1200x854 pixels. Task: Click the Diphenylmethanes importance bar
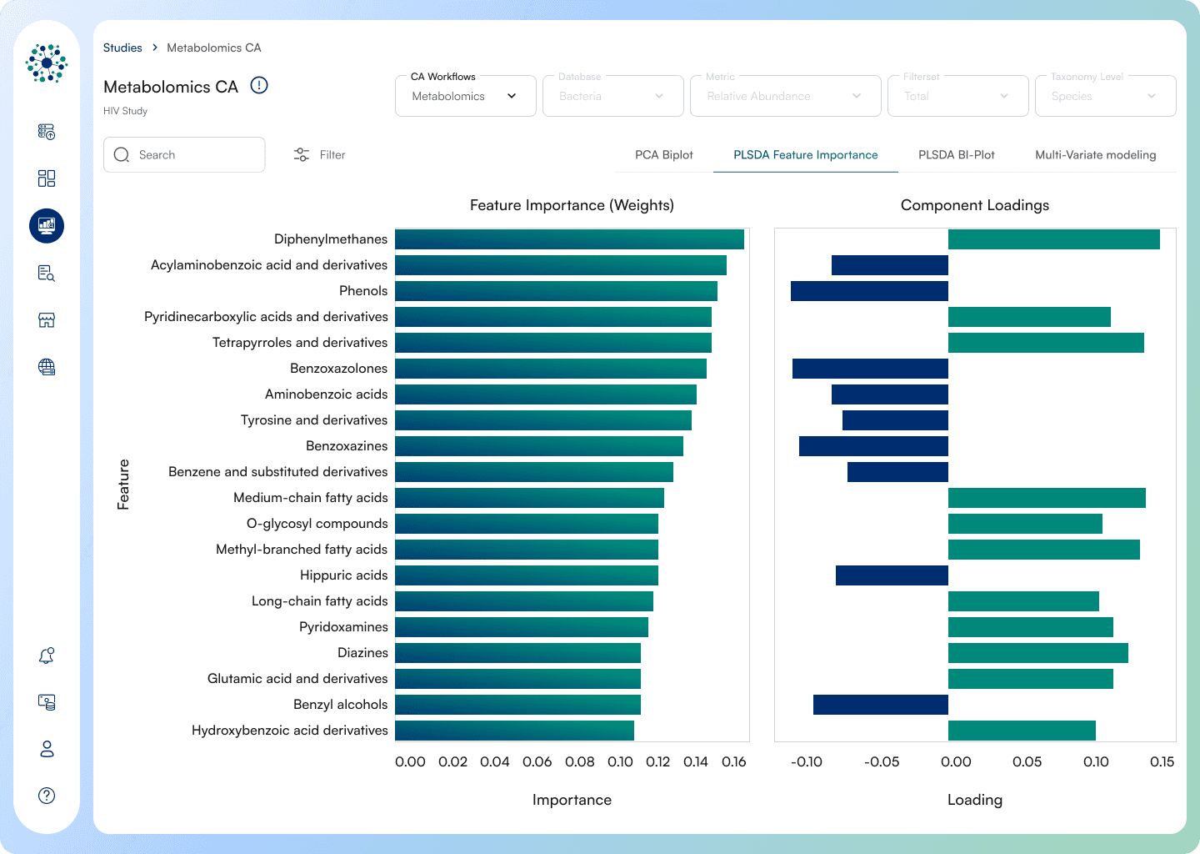pos(569,239)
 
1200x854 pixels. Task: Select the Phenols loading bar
pos(869,291)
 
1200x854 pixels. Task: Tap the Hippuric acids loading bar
pos(892,575)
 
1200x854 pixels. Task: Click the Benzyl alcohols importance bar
pos(517,705)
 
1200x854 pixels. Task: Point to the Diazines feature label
pos(362,653)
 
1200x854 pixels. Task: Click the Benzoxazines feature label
pos(347,446)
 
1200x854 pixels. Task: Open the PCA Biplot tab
pos(664,155)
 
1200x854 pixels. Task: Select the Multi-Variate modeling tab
pos(1095,155)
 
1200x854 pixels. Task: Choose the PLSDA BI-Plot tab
pos(956,155)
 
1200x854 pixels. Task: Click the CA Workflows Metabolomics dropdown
pos(465,96)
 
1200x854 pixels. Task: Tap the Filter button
pos(320,155)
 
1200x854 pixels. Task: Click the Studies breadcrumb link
pos(122,48)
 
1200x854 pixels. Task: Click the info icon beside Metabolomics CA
pos(259,86)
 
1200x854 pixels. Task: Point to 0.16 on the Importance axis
pos(733,761)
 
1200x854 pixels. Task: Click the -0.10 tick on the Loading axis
pos(807,761)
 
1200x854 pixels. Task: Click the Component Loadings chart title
pos(974,205)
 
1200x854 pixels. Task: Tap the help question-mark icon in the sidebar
pos(47,796)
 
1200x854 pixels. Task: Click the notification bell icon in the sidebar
pos(47,656)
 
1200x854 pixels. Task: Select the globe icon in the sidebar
pos(47,367)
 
